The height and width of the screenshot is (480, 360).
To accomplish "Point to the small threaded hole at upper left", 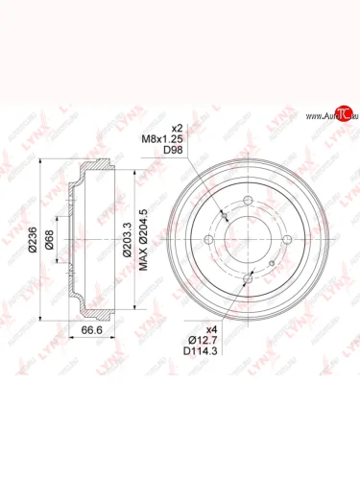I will pos(224,213).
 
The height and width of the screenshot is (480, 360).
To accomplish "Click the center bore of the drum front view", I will pos(250,237).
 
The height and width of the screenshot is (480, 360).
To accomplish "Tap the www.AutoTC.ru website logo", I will pos(323,116).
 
